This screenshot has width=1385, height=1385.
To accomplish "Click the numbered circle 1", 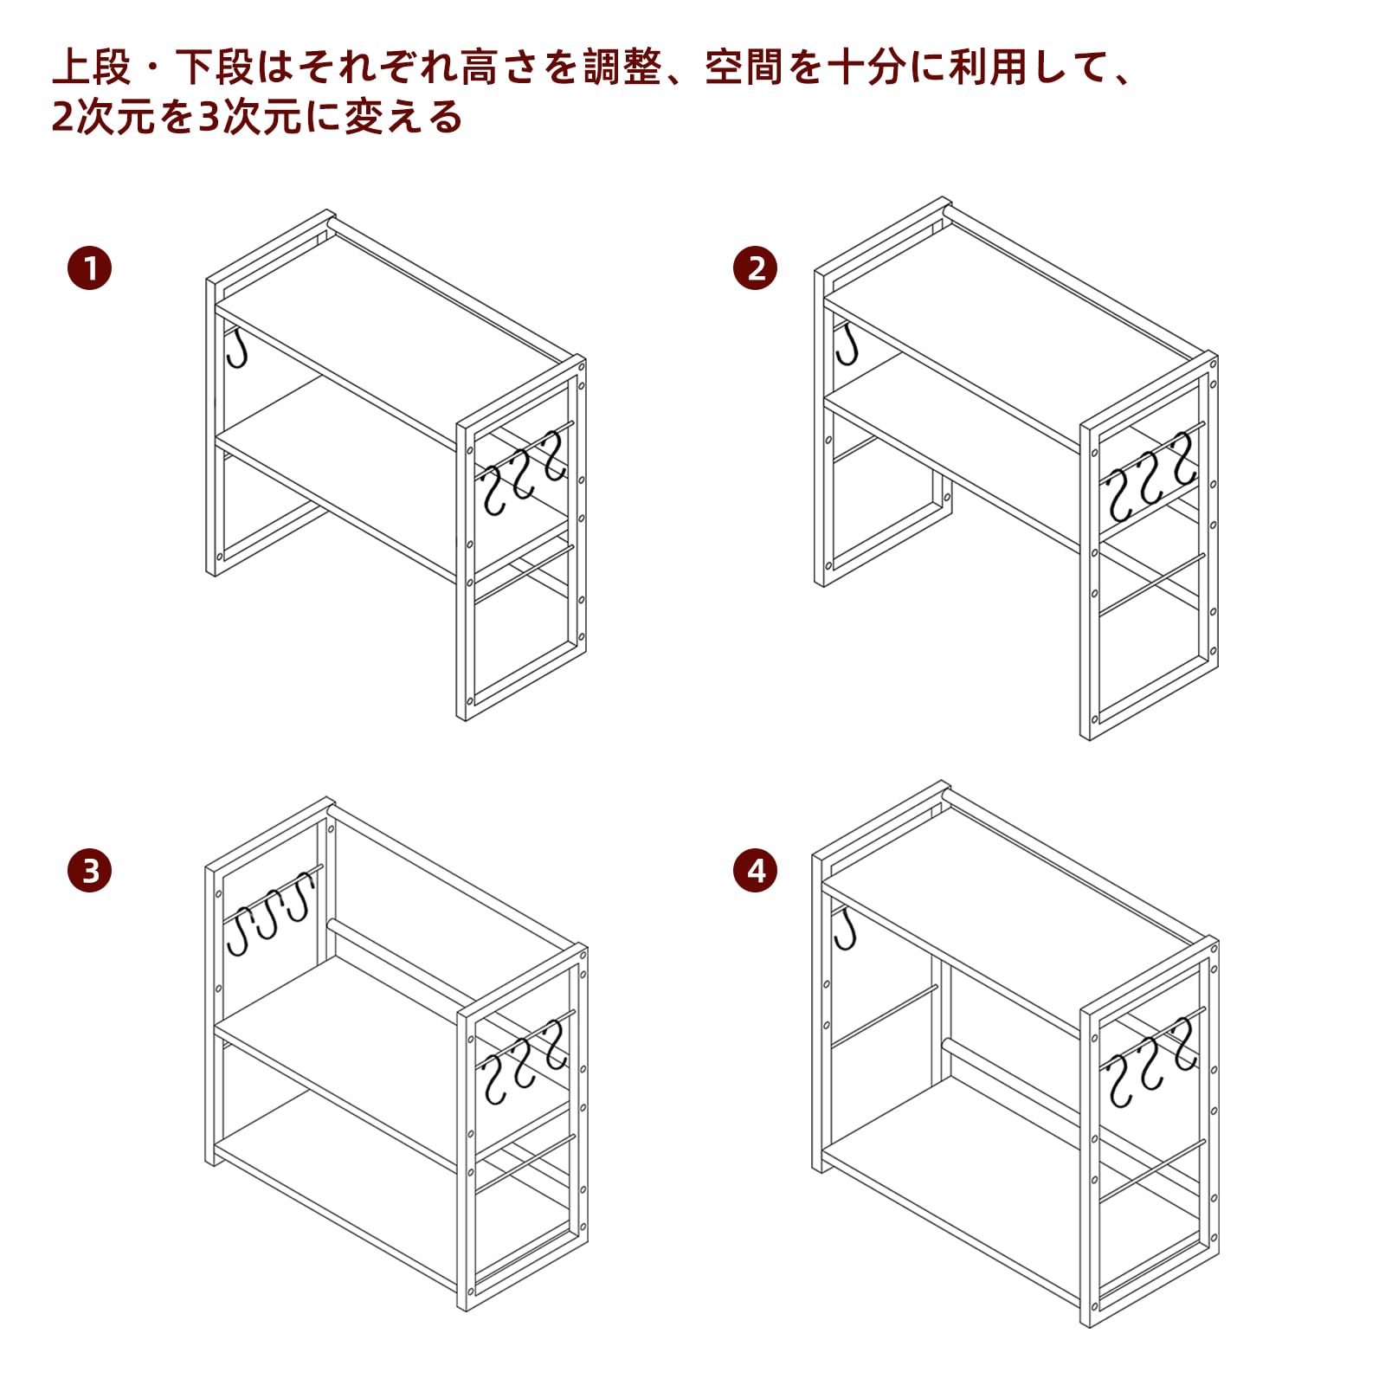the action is [90, 267].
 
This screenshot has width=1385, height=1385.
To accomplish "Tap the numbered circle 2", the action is [755, 267].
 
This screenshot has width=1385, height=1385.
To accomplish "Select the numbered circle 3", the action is [90, 870].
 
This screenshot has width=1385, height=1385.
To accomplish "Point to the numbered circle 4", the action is [755, 870].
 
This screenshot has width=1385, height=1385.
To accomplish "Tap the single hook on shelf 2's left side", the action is [846, 345].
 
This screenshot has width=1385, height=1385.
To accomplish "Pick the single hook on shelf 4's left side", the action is [844, 928].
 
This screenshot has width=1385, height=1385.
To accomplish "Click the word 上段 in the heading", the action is [92, 68].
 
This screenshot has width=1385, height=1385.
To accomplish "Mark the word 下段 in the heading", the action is [215, 68].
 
